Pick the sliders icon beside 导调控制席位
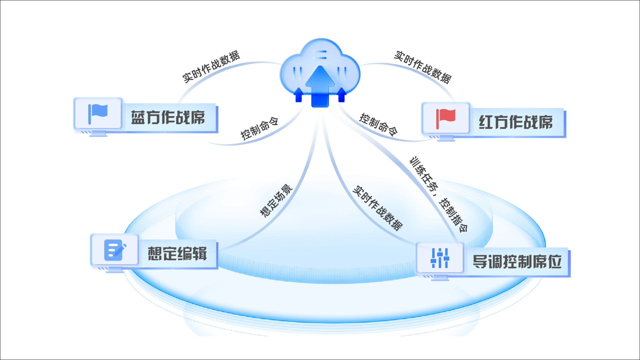(x=440, y=258)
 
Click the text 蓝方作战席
(x=168, y=118)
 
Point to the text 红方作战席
(x=516, y=122)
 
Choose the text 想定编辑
(x=177, y=254)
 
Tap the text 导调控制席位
(x=517, y=262)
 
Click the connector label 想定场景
(x=276, y=201)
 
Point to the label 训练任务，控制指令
(x=439, y=194)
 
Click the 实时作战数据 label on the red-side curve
(x=422, y=67)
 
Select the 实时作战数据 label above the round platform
(x=377, y=208)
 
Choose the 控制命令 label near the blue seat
(x=259, y=128)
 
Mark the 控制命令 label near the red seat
(x=378, y=124)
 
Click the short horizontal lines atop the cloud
(x=321, y=55)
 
